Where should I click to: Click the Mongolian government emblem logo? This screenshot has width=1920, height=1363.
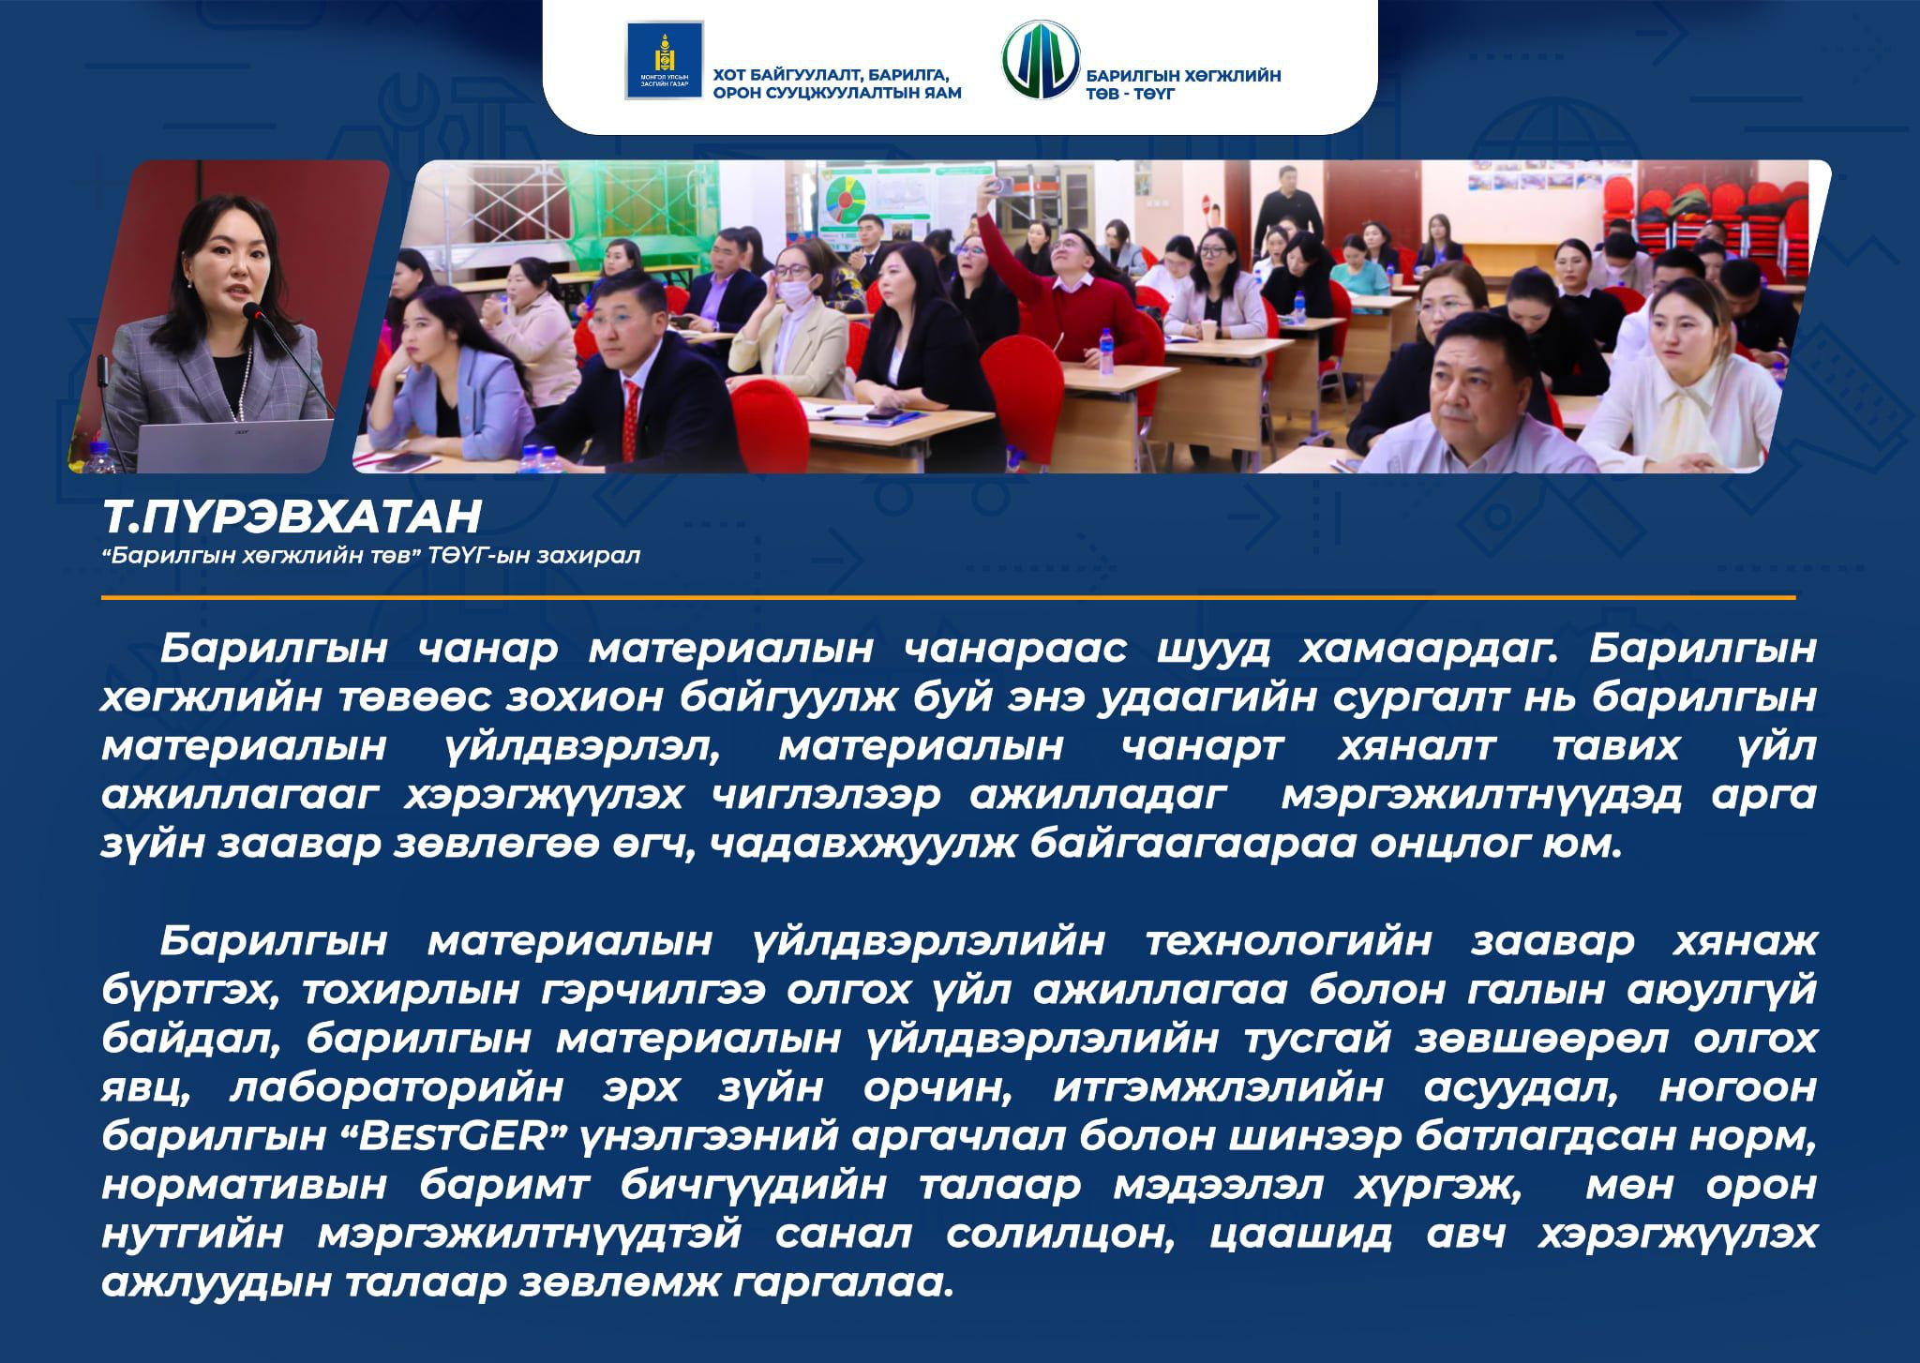click(x=664, y=60)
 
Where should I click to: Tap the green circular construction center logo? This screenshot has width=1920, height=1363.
click(x=1040, y=60)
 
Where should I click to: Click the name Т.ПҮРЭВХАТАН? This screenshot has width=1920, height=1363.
click(x=292, y=517)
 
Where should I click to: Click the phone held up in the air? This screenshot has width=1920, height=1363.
click(x=1001, y=186)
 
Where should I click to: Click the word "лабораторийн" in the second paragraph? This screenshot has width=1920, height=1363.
click(x=397, y=1089)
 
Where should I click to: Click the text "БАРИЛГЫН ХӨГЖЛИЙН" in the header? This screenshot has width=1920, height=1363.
click(x=1183, y=76)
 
